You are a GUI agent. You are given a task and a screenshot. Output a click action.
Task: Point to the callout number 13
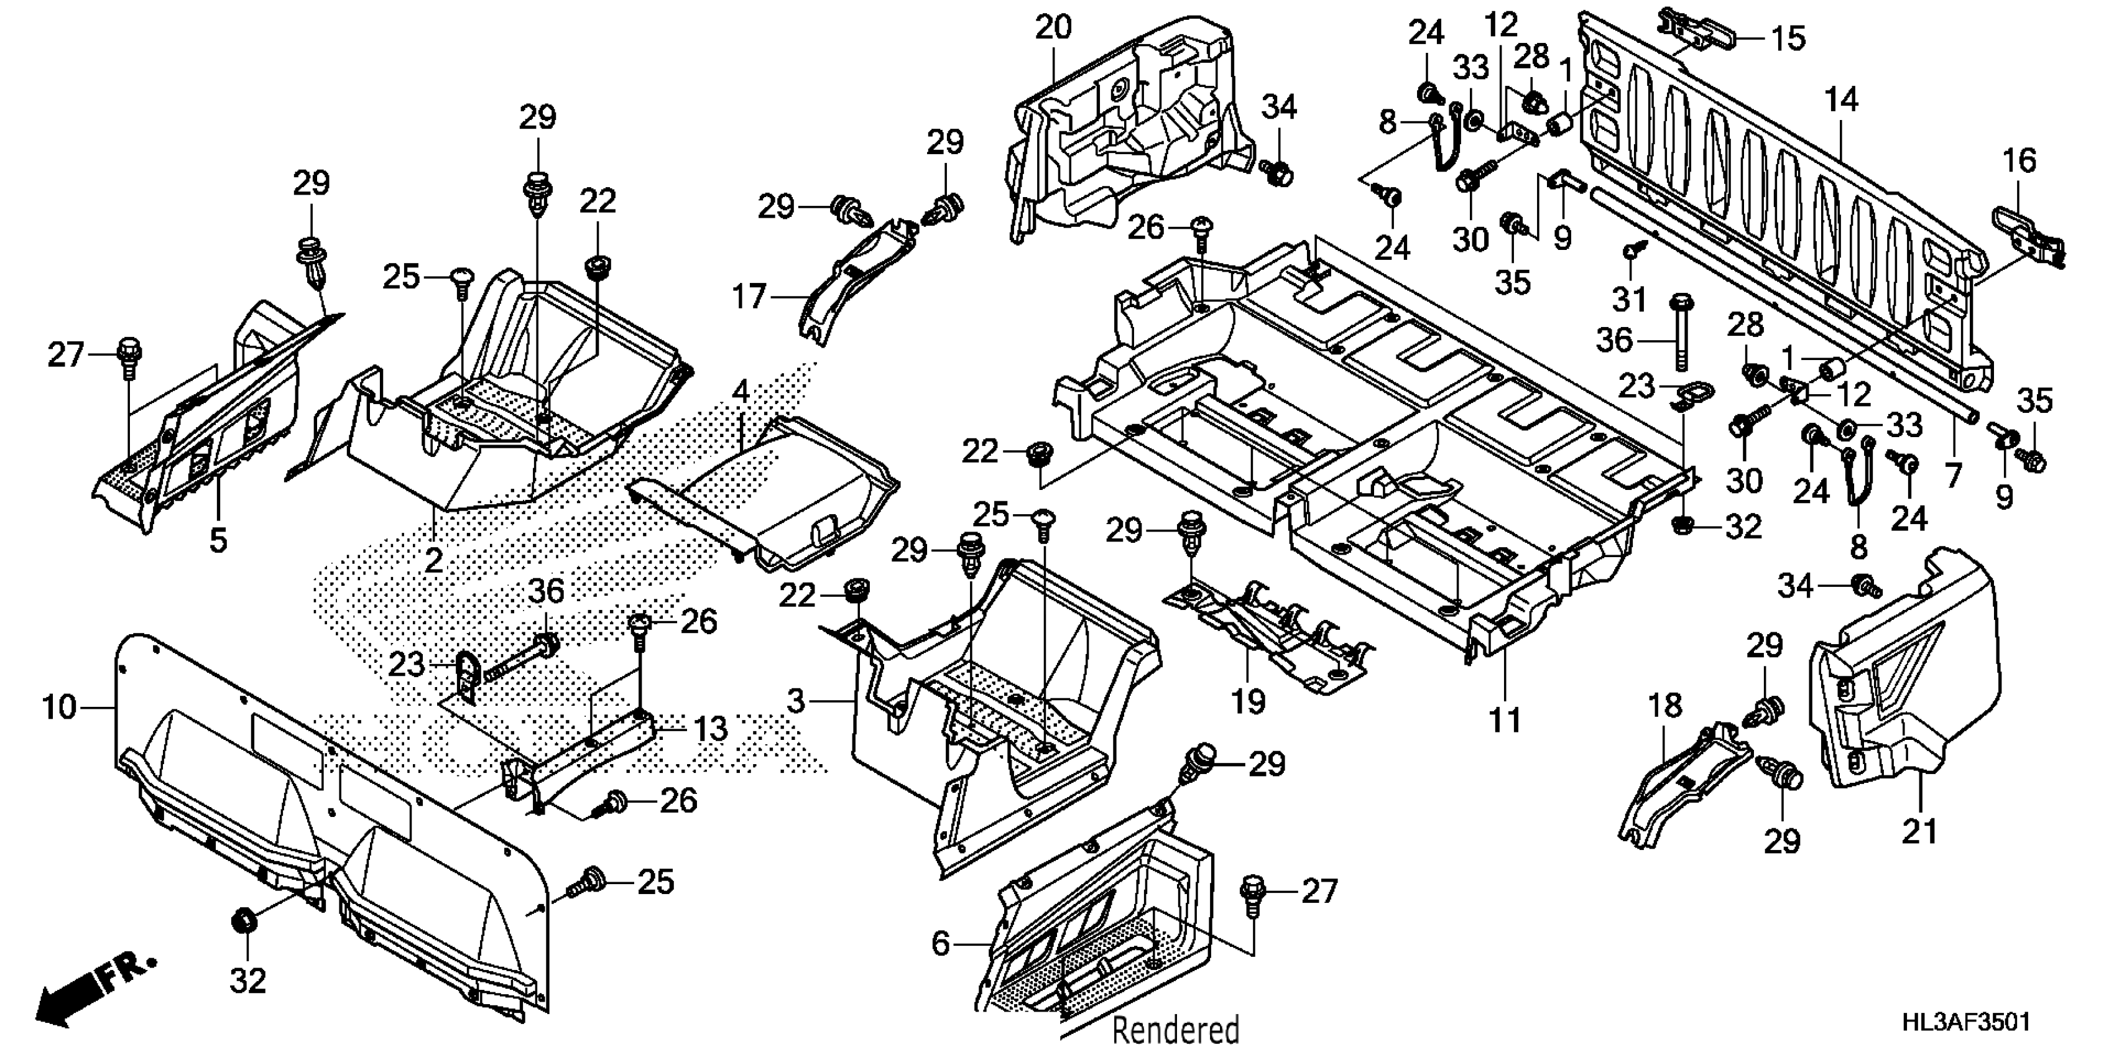pos(711,729)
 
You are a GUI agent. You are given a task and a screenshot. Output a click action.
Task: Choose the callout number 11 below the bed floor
pos(1505,720)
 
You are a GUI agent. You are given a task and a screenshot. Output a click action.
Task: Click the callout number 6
pos(941,944)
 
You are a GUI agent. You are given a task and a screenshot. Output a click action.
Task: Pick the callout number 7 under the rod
pos(1952,474)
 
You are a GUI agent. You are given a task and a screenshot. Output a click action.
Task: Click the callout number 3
pos(795,701)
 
